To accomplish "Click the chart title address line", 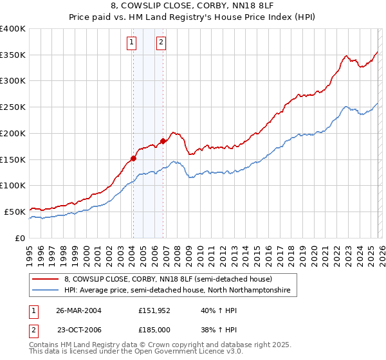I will (193, 6).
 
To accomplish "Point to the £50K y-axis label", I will (15, 212).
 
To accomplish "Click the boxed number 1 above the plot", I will (132, 43).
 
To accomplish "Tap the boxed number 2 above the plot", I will (160, 43).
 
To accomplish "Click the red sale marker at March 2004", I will (134, 158).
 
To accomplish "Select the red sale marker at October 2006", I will (163, 141).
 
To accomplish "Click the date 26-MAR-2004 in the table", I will (78, 310).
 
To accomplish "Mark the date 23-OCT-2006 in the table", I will (78, 329).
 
